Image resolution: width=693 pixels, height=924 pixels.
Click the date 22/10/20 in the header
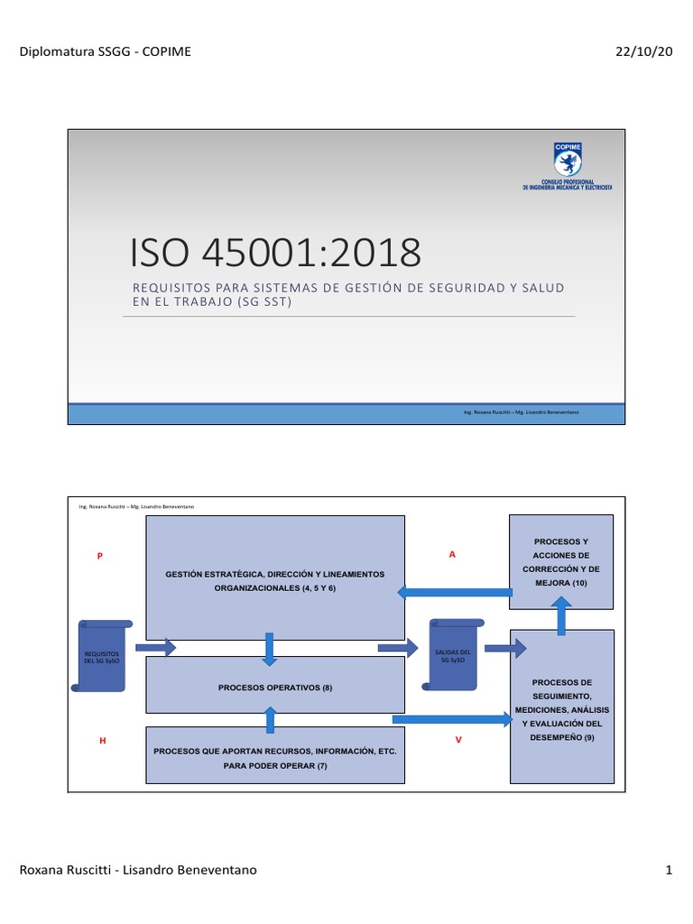644,51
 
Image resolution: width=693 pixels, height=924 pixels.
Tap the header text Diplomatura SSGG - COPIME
105,51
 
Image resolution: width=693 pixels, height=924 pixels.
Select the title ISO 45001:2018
275,254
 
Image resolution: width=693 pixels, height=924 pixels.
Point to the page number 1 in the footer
669,870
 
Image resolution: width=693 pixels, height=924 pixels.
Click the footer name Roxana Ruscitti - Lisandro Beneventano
138,870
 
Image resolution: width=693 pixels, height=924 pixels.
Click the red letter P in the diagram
100,556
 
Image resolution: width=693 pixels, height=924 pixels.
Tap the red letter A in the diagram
452,554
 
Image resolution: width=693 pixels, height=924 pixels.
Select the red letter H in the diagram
103,740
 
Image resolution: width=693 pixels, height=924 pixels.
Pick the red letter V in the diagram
458,740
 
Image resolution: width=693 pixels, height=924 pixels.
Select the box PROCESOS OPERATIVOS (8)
275,688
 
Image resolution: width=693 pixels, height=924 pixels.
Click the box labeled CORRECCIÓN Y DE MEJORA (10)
561,561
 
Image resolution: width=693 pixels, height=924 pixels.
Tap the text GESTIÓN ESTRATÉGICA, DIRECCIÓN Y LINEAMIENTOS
275,575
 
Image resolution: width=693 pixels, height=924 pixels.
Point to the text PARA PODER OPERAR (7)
275,765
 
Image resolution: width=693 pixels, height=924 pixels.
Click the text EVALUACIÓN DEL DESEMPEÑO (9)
561,730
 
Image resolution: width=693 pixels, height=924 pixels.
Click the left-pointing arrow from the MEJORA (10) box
455,591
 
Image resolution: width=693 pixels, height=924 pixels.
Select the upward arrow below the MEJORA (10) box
561,618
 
